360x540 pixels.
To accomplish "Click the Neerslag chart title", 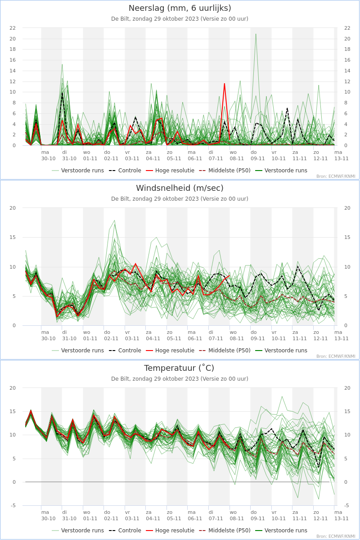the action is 180,8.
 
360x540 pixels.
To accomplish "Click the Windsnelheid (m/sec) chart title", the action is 180,188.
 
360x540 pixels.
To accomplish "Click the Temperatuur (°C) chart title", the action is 179,368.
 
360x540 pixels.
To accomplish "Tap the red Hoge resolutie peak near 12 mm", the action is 225,84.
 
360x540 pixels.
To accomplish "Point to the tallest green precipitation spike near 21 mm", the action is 256,34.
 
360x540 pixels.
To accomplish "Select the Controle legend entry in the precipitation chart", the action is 125,171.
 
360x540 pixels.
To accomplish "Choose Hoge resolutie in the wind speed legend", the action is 170,351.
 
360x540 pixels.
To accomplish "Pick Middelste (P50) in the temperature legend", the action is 225,531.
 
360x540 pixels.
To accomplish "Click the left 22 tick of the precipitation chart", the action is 13,28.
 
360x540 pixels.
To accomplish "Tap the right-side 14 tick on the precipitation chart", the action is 347,71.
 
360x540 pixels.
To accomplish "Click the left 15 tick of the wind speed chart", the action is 13,238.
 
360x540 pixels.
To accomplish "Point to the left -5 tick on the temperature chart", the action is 13,505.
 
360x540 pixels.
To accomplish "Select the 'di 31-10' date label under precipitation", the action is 69,156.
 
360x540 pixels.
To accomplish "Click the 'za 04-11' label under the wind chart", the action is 153,335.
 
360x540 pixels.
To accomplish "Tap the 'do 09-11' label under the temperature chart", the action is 257,515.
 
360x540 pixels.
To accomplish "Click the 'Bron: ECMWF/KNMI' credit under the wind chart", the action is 336,356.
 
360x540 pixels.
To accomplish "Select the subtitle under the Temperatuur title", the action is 180,379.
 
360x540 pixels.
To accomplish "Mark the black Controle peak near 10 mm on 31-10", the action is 62,93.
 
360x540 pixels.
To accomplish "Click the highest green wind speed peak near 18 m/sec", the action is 115,220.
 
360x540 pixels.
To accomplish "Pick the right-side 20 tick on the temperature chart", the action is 347,388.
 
